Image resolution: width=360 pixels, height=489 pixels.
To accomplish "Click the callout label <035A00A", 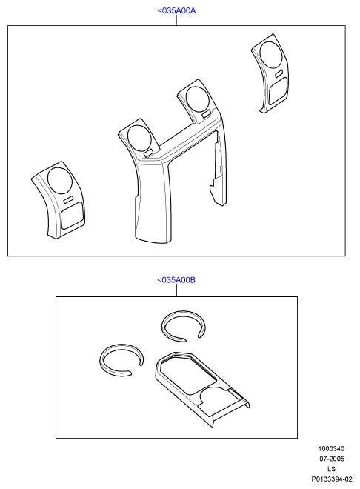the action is pos(176,10).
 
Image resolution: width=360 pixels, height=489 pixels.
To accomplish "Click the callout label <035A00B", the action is pos(176,280).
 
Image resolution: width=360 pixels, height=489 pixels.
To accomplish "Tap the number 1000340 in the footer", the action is pos(331,449).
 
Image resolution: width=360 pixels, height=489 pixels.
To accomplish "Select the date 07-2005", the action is pos(331,459).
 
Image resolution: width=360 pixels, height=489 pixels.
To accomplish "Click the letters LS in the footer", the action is pos(331,469).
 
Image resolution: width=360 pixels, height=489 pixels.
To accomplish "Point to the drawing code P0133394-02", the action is pos(332,479).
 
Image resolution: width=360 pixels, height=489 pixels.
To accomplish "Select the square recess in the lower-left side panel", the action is pos(72,215).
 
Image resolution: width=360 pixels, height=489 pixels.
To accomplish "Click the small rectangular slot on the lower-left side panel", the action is pos(68,199).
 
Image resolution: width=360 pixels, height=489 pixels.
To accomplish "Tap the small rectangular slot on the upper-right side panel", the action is pos(279,73).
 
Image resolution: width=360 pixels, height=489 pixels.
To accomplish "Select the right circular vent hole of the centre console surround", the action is pos(197,99).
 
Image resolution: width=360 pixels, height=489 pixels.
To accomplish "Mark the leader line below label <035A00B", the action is pos(176,290).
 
